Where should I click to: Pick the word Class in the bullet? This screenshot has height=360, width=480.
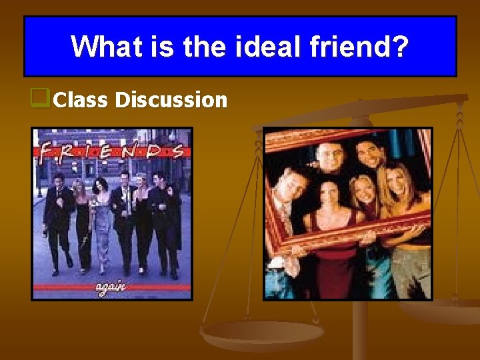click(81, 100)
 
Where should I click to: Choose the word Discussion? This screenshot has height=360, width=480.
click(171, 100)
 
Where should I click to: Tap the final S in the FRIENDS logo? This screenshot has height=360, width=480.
click(177, 152)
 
